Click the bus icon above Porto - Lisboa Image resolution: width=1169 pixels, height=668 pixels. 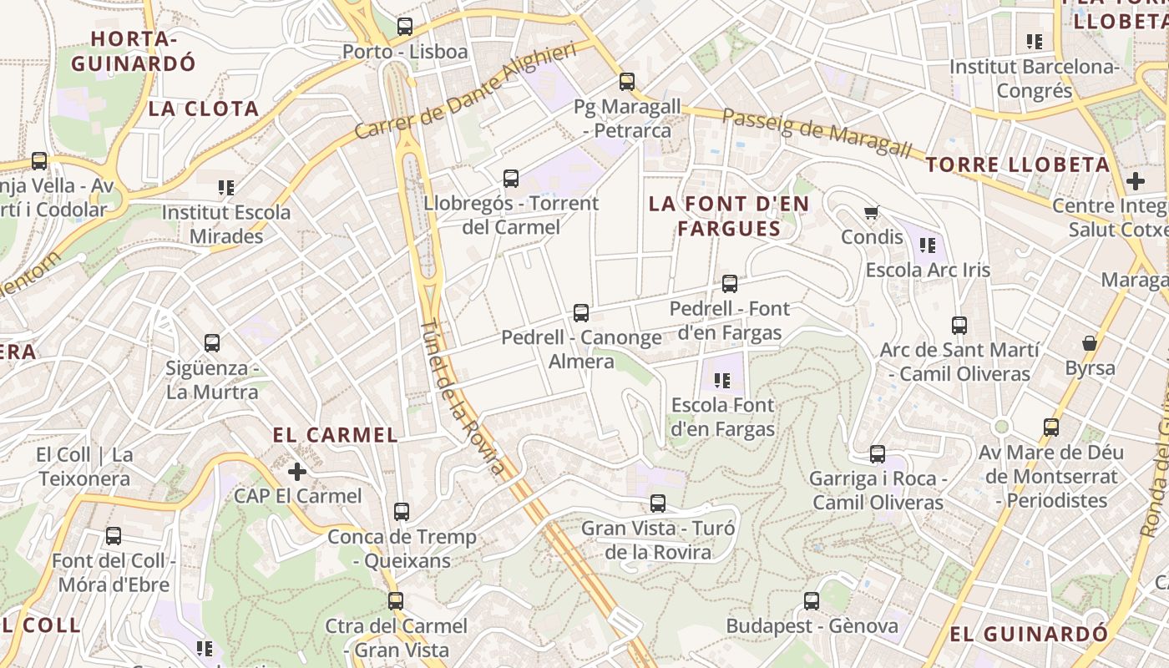point(405,27)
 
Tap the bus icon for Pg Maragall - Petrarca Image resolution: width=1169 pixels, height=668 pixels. point(627,82)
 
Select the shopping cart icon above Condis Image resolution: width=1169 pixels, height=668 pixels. point(872,213)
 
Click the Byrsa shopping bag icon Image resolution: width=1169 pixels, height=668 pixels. point(1090,343)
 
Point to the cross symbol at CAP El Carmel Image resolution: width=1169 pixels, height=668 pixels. point(297,472)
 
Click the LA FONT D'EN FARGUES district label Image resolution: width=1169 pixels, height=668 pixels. point(729,216)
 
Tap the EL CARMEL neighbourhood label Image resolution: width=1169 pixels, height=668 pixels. point(335,435)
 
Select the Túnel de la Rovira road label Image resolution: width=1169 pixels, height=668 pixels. point(462,397)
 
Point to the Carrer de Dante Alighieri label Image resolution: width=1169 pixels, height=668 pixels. point(465,92)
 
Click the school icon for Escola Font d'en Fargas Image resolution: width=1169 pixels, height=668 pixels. point(722,381)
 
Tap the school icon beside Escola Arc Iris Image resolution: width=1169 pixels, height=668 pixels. point(928,245)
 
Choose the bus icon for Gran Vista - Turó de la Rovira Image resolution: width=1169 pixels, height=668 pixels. point(658,504)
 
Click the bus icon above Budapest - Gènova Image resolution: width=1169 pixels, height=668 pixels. point(812,601)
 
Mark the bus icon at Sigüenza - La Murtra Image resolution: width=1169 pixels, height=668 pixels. point(212,343)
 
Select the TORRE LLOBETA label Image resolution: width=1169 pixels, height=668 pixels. point(1017,165)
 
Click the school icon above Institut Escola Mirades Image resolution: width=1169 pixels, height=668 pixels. point(225,188)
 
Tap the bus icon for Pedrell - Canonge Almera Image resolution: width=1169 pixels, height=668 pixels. point(581,313)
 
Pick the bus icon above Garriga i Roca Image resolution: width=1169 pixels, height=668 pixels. point(878,454)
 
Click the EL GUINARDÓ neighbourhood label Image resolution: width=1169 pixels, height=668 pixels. point(1029,635)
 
